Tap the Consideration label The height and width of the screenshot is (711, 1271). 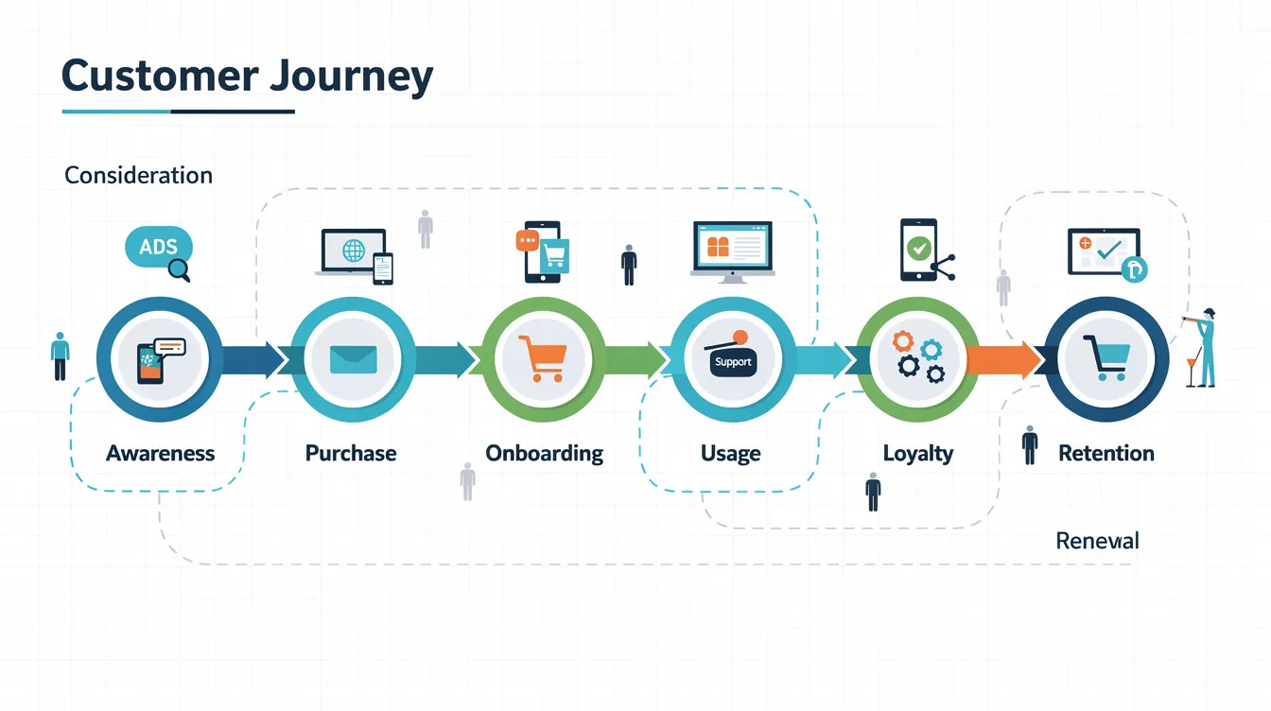[x=138, y=175]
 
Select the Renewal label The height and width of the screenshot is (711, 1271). [x=1097, y=541]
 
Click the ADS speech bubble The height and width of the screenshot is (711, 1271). [x=158, y=248]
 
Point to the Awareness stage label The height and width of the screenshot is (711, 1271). [x=160, y=453]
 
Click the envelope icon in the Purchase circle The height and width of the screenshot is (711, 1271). [x=353, y=359]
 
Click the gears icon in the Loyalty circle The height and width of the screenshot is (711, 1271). [x=918, y=356]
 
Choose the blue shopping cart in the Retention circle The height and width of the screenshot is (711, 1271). [x=1106, y=357]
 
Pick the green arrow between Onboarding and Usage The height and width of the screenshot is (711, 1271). [x=631, y=360]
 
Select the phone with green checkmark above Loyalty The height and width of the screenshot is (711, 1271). [x=918, y=250]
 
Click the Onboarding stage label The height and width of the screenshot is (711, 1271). [x=544, y=453]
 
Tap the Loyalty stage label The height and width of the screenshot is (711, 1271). [x=917, y=453]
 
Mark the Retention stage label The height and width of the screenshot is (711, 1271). [x=1106, y=453]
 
